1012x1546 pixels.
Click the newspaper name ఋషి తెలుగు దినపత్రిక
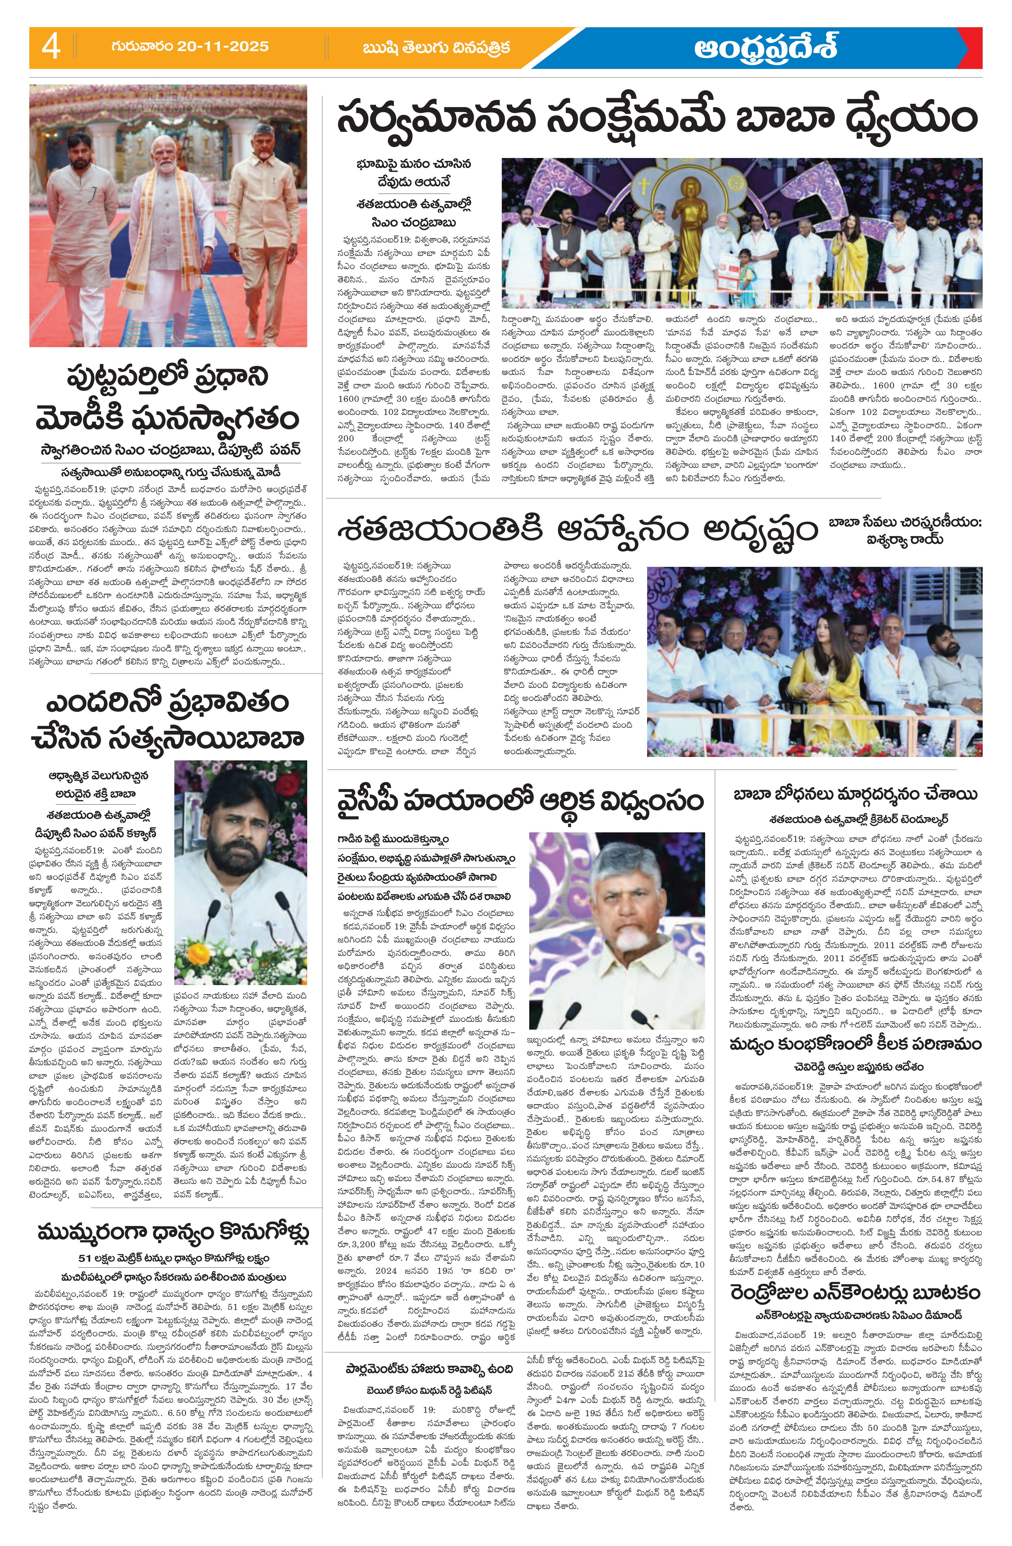pyautogui.click(x=436, y=47)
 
